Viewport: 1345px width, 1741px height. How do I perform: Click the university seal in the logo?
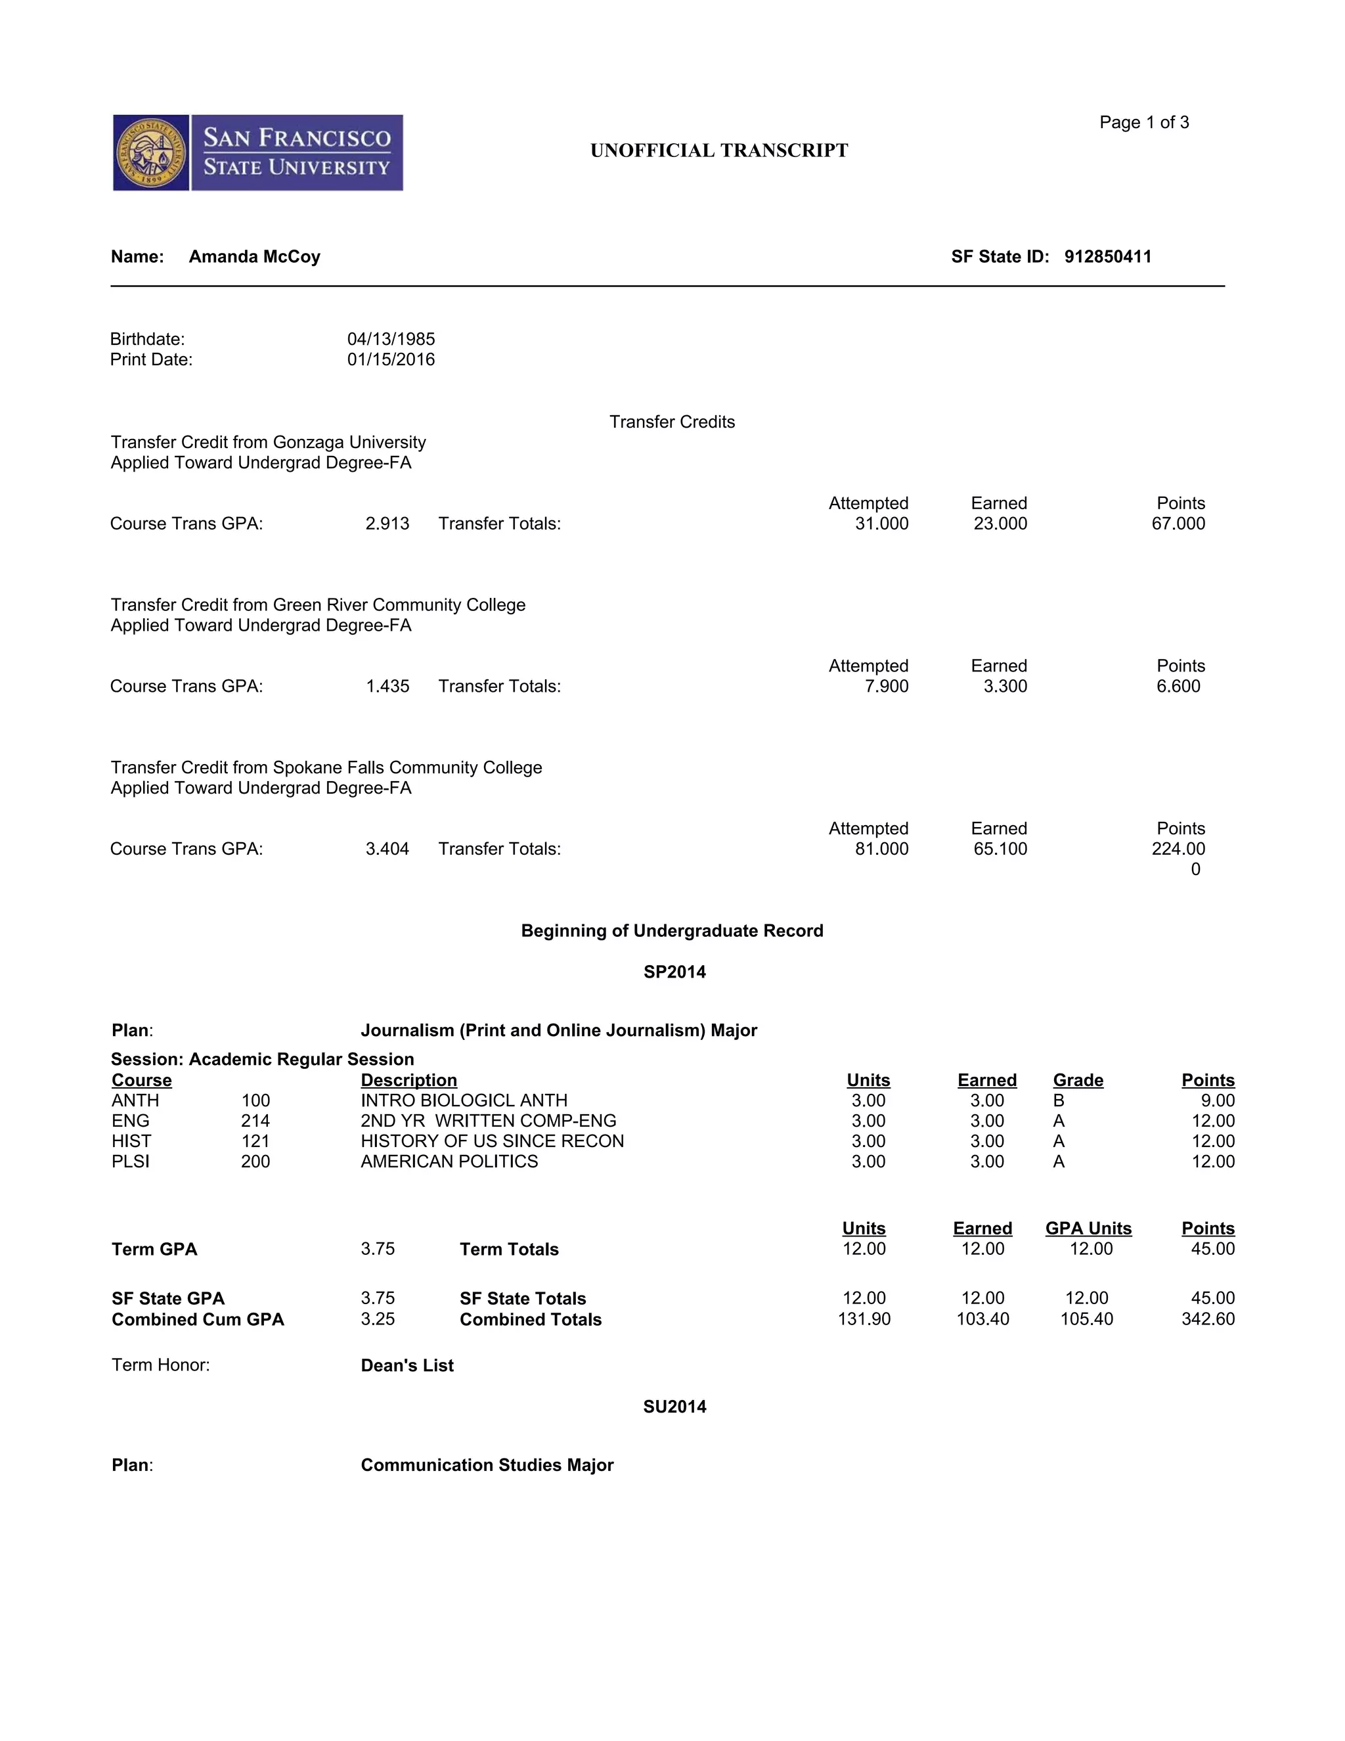point(152,153)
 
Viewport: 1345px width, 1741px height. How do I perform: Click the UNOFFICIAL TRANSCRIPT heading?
point(718,150)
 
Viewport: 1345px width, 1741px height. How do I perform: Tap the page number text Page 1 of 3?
point(1143,122)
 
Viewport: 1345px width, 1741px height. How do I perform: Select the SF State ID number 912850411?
point(1107,257)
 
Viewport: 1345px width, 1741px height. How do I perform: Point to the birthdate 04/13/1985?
point(391,339)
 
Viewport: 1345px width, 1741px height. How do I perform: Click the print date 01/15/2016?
point(391,359)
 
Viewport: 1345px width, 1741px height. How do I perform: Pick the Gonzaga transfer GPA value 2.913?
point(387,524)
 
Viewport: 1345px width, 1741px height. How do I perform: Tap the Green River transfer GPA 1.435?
point(387,687)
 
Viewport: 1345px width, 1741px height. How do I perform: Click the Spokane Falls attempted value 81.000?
point(881,849)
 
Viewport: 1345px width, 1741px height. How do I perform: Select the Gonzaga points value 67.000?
point(1178,524)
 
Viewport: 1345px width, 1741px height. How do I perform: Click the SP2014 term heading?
point(674,972)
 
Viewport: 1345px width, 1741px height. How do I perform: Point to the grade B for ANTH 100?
point(1058,1101)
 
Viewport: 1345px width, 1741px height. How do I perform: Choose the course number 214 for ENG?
point(255,1121)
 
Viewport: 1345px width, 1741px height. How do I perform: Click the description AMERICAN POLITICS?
point(449,1162)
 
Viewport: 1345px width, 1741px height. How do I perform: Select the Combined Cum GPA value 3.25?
point(378,1319)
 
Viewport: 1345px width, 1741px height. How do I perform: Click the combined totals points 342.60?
point(1207,1319)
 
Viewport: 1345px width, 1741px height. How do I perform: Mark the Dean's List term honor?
point(407,1366)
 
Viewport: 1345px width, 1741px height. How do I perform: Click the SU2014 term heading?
point(674,1407)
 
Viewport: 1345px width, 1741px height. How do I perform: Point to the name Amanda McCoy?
point(254,257)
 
